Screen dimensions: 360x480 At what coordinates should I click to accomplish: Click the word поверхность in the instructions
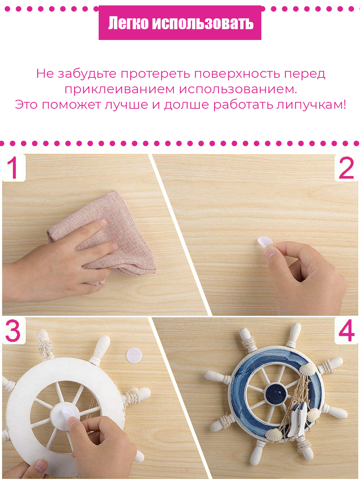[237, 74]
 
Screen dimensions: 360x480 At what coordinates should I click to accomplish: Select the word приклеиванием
[120, 90]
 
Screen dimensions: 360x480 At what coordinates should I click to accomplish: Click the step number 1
[13, 167]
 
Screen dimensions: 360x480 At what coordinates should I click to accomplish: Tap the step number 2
[346, 168]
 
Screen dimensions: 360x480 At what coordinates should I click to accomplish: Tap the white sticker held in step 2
[265, 242]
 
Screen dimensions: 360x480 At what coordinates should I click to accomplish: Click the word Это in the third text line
[26, 105]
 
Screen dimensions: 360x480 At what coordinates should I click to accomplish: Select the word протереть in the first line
[156, 74]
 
